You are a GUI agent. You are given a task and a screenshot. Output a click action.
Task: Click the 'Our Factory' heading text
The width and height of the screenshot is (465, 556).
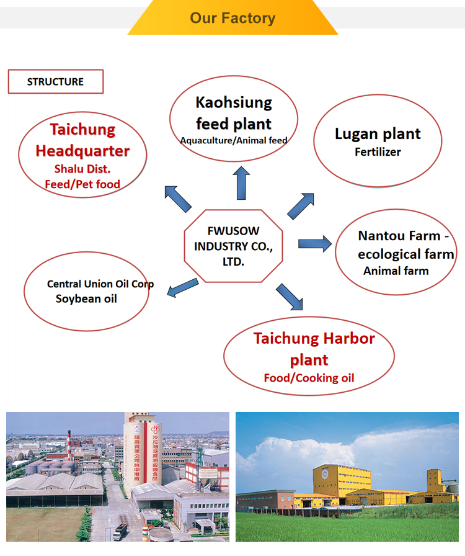coord(232,17)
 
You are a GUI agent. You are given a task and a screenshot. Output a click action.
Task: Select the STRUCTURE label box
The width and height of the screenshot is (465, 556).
coord(55,82)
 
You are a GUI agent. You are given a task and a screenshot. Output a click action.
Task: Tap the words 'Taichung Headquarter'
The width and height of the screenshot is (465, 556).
coord(82,140)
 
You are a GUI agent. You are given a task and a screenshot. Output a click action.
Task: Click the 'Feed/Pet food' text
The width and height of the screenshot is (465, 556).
coord(82,184)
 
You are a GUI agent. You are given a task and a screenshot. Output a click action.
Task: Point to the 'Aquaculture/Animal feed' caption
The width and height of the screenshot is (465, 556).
coord(234,140)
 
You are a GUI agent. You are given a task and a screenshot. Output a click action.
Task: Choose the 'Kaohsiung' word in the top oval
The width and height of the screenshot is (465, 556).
coord(234,102)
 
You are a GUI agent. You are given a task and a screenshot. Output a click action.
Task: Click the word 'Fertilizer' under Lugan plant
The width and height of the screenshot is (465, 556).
coord(378,151)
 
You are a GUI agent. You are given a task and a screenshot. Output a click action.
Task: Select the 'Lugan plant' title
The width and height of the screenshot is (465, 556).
coord(378,133)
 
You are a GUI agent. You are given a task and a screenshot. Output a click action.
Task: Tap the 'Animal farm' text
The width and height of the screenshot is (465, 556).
coord(396,271)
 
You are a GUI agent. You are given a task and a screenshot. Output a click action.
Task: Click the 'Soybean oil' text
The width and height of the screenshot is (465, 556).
coord(86,298)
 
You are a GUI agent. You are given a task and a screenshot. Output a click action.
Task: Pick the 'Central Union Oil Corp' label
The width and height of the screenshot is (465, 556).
coord(100,284)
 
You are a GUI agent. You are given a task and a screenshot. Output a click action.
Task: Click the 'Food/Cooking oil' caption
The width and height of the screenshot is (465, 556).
coord(309,378)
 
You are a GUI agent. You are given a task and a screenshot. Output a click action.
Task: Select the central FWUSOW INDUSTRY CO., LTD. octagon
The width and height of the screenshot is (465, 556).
coord(233,247)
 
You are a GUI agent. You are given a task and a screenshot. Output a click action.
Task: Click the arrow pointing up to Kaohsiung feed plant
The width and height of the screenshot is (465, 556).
coord(242,182)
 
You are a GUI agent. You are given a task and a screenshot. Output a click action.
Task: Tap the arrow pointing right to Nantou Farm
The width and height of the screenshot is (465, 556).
coord(315,243)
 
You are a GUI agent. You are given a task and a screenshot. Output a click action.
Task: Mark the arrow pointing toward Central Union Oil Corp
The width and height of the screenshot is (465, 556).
coord(183,287)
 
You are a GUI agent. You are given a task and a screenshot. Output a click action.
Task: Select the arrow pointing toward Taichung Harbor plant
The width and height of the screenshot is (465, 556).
coord(290,297)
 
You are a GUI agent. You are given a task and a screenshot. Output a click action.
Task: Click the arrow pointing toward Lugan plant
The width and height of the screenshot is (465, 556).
coord(301,205)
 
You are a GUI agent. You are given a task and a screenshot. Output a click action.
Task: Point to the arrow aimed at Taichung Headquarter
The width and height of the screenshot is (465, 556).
coord(177,199)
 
